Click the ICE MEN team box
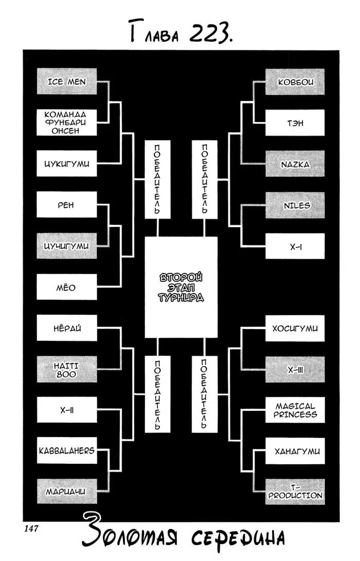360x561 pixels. tap(66, 82)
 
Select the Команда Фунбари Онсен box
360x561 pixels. tap(66, 123)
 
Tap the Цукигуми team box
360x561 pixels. tap(66, 164)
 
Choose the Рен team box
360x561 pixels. tap(66, 205)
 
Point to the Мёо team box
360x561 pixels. tap(66, 287)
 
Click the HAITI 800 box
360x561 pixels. tap(66, 370)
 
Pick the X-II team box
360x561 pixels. tap(66, 410)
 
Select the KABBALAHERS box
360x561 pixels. tap(66, 451)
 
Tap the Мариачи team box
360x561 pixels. tap(66, 492)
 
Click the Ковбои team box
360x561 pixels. tap(295, 82)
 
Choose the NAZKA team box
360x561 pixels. tap(295, 164)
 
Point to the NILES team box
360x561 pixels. tap(295, 205)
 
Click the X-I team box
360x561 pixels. tap(295, 246)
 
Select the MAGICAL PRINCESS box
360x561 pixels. tap(295, 410)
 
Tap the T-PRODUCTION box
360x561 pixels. tap(295, 492)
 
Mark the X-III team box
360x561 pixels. tap(295, 370)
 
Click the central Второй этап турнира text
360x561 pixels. tap(181, 287)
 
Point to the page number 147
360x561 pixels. tap(31, 528)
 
